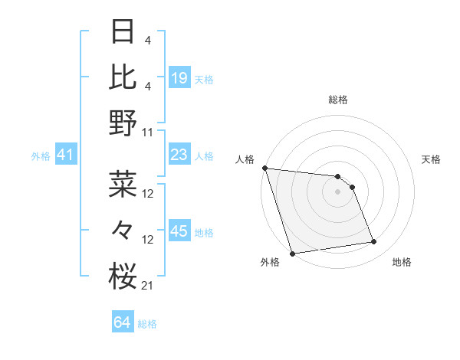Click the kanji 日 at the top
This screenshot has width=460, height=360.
tap(123, 33)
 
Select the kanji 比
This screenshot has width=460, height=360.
tap(123, 77)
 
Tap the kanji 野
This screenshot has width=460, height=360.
tap(123, 123)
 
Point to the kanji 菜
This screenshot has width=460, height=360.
tap(123, 184)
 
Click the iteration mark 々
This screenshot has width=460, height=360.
tap(123, 230)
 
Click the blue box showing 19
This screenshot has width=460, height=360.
tap(179, 78)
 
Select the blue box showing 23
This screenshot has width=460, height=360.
tap(179, 155)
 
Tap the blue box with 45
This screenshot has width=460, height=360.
tap(179, 231)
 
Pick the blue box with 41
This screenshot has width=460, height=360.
tap(65, 155)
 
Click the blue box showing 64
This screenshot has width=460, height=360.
tap(123, 322)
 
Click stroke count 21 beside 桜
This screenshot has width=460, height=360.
tap(148, 286)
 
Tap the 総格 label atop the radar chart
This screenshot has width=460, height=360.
tap(337, 100)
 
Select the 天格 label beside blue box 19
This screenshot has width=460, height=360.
tap(204, 79)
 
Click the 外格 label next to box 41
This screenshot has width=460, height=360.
tap(41, 156)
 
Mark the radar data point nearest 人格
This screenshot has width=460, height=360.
tap(264, 168)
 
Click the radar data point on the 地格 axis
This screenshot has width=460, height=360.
tap(374, 242)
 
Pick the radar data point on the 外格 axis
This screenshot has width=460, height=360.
tap(292, 253)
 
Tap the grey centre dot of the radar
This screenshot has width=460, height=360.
tap(337, 191)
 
